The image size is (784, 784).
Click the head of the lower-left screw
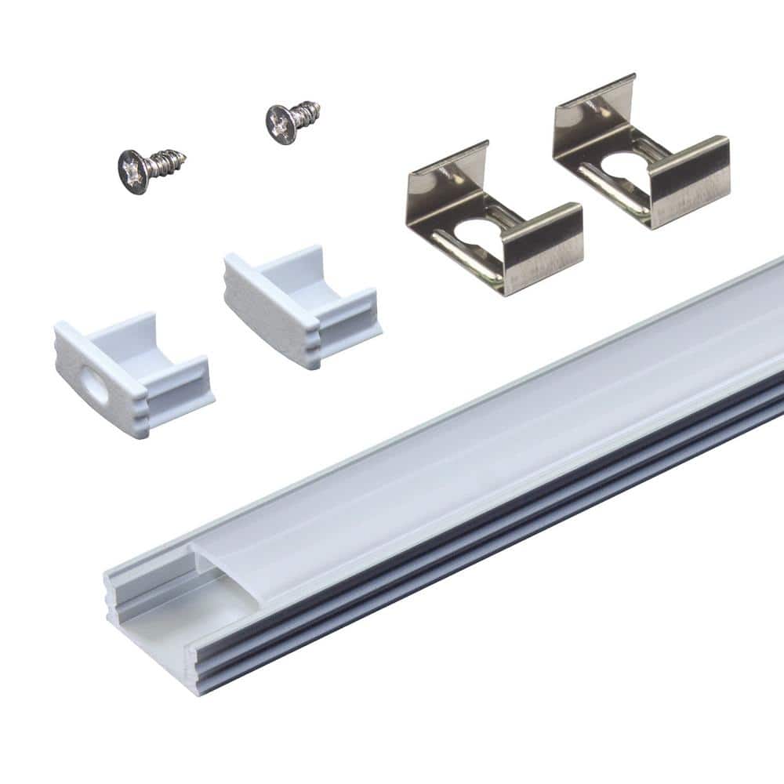tap(134, 168)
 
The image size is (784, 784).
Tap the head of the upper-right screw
tap(281, 122)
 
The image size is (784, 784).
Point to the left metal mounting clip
tap(494, 220)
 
